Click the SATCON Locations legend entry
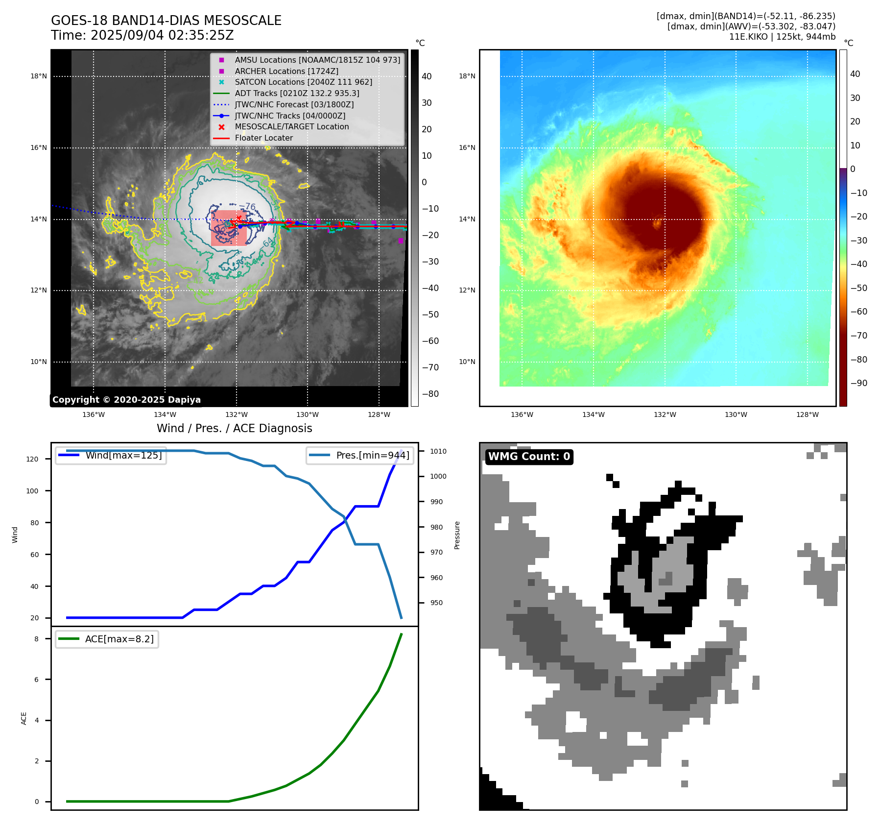(x=303, y=82)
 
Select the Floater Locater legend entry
(x=263, y=138)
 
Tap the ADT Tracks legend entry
(x=297, y=93)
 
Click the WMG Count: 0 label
(x=529, y=457)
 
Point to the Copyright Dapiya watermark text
(x=126, y=400)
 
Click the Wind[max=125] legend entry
(x=123, y=455)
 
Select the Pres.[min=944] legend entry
(x=372, y=455)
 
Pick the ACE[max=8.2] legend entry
(x=119, y=639)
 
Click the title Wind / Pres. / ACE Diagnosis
(x=234, y=428)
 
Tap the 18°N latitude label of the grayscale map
(x=39, y=76)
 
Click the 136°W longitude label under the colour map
(x=522, y=415)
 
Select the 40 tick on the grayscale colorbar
(x=427, y=76)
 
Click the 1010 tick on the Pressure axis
(x=438, y=451)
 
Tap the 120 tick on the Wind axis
(x=32, y=459)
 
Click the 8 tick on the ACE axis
(x=36, y=639)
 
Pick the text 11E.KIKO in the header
(x=748, y=37)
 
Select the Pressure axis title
(x=457, y=535)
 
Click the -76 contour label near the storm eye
(x=248, y=207)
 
